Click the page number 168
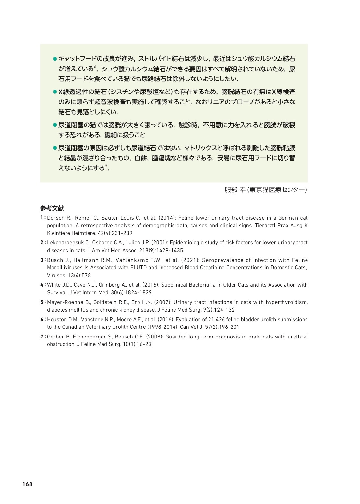point(28,484)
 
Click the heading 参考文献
point(52,208)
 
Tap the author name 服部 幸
point(235,190)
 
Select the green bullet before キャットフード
point(55,59)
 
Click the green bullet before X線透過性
point(55,92)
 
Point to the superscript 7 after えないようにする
point(106,166)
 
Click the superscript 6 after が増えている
point(95,68)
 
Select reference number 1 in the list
point(42,218)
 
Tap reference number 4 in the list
point(42,285)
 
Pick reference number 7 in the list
point(42,337)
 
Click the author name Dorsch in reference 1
point(55,218)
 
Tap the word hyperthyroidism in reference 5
point(286,302)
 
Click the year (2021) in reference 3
point(189,260)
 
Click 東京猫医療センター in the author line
point(277,190)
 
